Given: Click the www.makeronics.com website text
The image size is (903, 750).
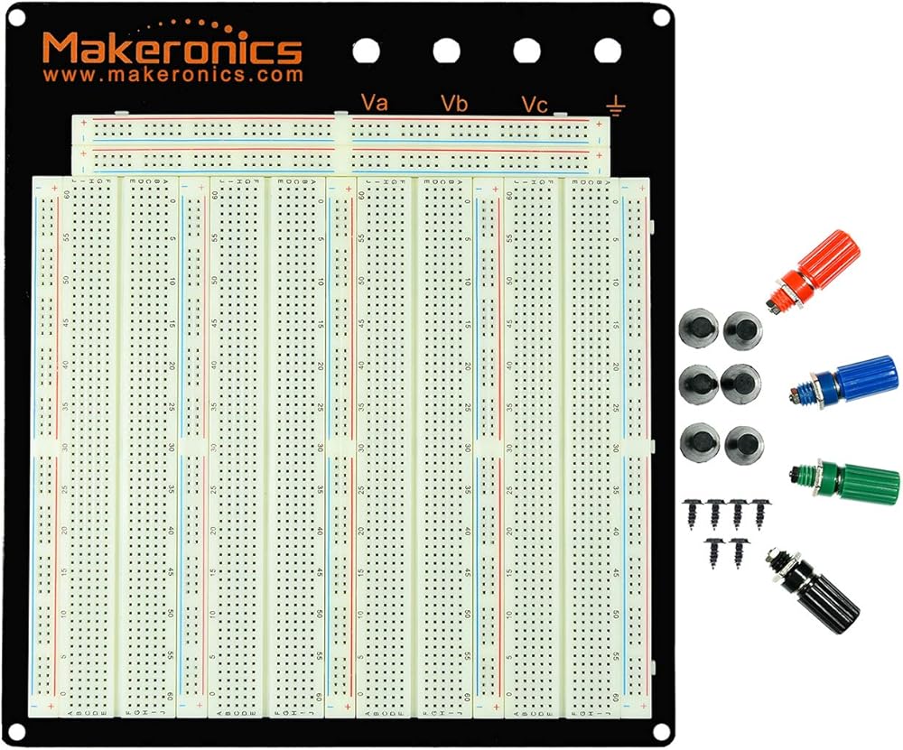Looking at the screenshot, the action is point(172,76).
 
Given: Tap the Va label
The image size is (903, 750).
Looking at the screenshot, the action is point(374,102).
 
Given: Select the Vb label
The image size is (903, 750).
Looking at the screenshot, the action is point(454,103).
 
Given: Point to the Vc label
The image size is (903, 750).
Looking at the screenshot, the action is point(534,105).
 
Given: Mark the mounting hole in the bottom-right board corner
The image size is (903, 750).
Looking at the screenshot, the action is point(660,730).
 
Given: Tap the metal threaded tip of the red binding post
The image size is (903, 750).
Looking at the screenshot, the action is point(774,306).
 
